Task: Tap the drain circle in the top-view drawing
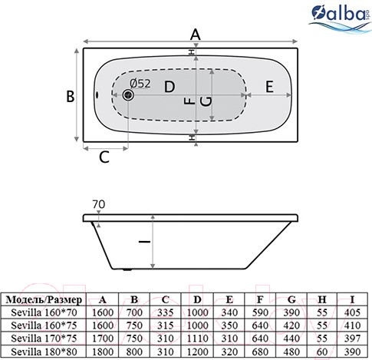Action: pyautogui.click(x=127, y=94)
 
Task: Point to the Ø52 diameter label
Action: pyautogui.click(x=140, y=83)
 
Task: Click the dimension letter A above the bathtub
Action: pyautogui.click(x=195, y=34)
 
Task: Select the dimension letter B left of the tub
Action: pyautogui.click(x=69, y=97)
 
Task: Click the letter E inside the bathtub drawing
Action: pyautogui.click(x=270, y=87)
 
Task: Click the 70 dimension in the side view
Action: pyautogui.click(x=98, y=204)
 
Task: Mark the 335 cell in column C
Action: pyautogui.click(x=167, y=312)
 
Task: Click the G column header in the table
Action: pyautogui.click(x=292, y=299)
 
